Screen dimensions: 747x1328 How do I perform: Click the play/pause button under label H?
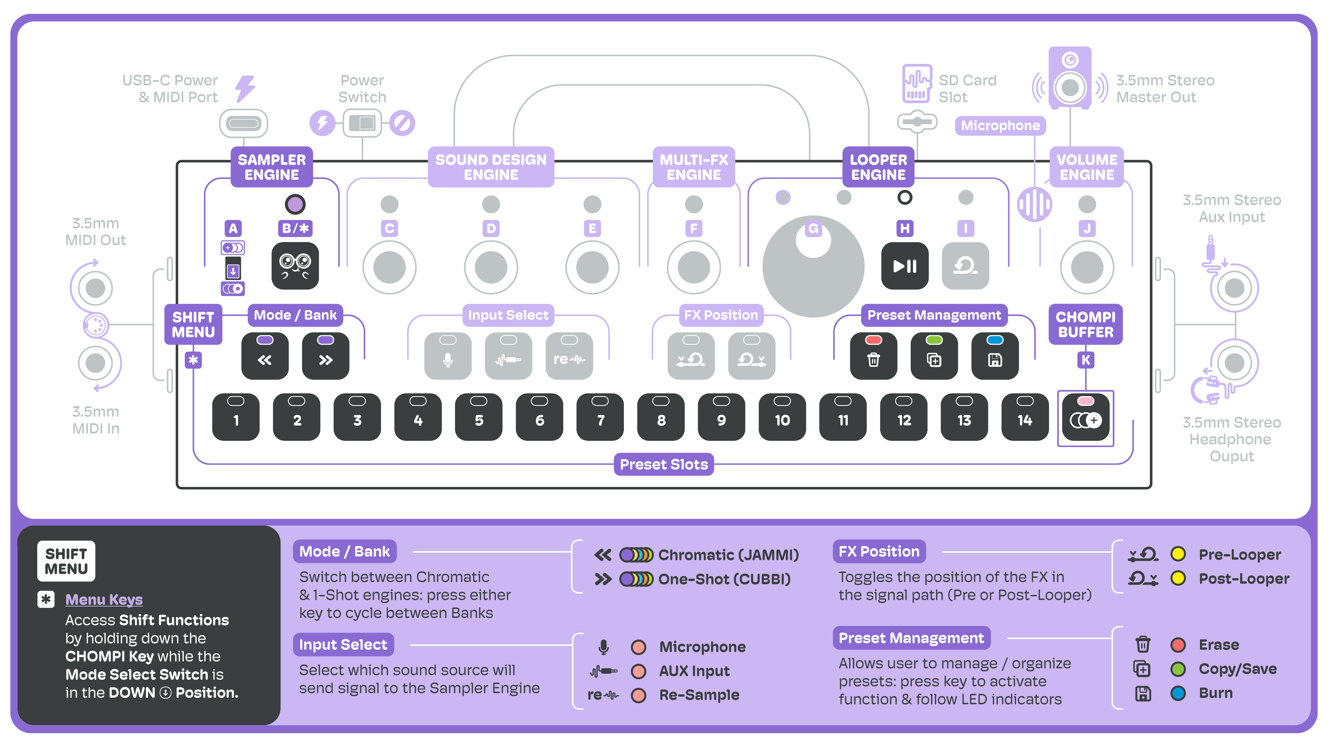pos(905,266)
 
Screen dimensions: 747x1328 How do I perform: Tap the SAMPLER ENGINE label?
pos(272,167)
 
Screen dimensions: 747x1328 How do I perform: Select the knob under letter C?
pos(389,267)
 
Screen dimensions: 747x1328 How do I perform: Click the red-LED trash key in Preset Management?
pos(873,356)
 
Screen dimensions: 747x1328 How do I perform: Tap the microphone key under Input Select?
pos(448,356)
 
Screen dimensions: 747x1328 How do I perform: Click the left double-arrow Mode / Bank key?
pos(265,356)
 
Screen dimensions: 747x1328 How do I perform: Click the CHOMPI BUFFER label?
pos(1086,324)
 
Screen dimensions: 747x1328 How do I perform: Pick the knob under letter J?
pos(1087,267)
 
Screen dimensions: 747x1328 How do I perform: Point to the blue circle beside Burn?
pos(1178,693)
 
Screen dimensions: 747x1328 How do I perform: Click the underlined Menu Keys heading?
pos(104,599)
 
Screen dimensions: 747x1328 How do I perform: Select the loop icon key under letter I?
pos(965,266)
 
